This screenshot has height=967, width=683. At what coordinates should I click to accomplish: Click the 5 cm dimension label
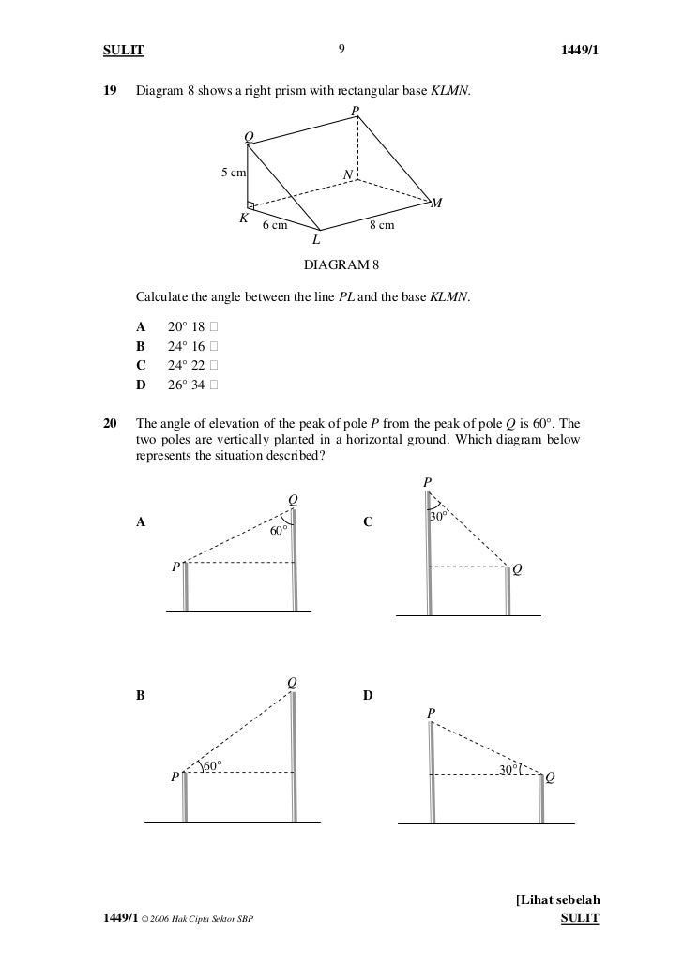coord(234,173)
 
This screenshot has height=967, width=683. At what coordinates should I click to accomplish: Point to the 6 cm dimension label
coord(274,226)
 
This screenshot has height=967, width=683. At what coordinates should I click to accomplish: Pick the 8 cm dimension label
coord(381,226)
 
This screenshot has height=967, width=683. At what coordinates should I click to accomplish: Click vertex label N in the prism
coord(347,175)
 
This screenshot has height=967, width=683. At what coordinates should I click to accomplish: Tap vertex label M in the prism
coord(436,204)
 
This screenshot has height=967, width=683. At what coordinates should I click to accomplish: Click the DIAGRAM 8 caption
coord(341,265)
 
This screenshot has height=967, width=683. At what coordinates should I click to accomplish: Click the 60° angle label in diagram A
coord(278,531)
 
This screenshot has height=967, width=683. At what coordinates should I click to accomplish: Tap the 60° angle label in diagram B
coord(214,766)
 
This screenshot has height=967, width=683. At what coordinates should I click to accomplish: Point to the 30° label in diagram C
coord(437,517)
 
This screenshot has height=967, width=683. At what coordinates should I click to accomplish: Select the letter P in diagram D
coord(431,714)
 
